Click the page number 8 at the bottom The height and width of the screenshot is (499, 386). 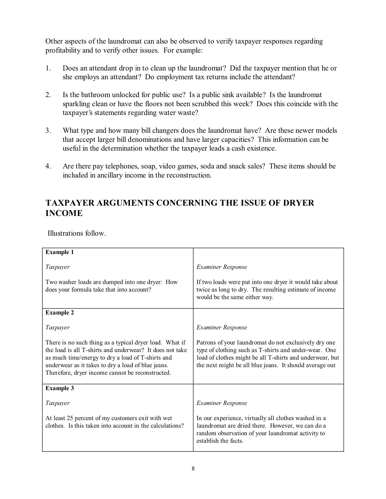pyautogui.click(x=193, y=469)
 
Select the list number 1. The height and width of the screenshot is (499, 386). pyautogui.click(x=48, y=68)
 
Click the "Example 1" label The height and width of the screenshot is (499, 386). pyautogui.click(x=60, y=252)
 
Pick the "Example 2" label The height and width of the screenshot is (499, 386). pyautogui.click(x=60, y=313)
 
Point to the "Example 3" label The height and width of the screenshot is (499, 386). pyautogui.click(x=60, y=388)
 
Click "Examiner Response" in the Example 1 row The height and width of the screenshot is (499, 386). pyautogui.click(x=222, y=267)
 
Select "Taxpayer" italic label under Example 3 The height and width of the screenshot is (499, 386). pyautogui.click(x=58, y=403)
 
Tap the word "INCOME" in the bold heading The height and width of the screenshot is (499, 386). pyautogui.click(x=64, y=214)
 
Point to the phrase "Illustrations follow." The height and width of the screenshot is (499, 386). pyautogui.click(x=77, y=233)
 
